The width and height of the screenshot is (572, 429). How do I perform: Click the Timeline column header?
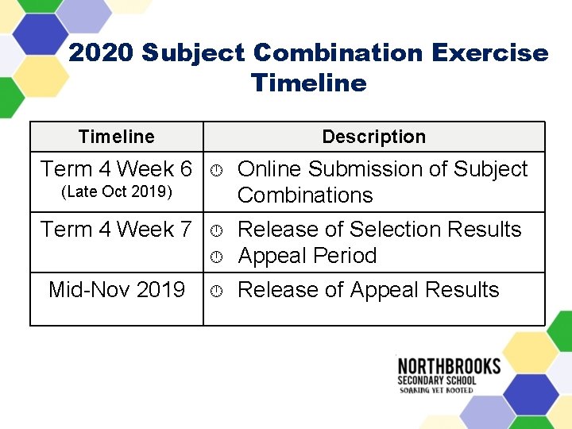pos(116,137)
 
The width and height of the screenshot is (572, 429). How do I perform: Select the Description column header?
pos(373,137)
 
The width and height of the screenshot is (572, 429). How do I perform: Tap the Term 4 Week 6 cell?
pos(116,169)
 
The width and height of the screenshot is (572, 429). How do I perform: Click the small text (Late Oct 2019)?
pos(116,193)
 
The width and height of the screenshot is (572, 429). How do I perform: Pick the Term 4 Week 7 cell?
pos(116,230)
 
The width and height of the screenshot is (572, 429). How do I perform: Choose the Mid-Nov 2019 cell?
pos(116,290)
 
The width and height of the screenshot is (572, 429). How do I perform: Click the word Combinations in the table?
pos(305,195)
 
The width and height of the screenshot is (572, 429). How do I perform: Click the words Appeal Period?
pos(307,256)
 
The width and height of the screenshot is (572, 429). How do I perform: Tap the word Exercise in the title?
pos(490,53)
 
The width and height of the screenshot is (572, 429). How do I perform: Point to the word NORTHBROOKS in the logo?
pos(449,366)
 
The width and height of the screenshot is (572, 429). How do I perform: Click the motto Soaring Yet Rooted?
pos(437,390)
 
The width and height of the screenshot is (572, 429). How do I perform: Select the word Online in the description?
pos(269,169)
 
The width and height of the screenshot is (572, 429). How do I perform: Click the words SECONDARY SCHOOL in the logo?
pos(437,381)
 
